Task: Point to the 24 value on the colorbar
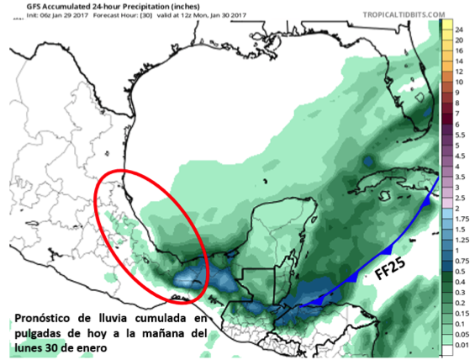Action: tap(459, 29)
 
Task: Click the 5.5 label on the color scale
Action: tap(461, 134)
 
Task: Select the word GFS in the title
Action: tap(13, 5)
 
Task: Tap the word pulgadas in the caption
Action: tap(38, 333)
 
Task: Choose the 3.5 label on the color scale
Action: tap(461, 176)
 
